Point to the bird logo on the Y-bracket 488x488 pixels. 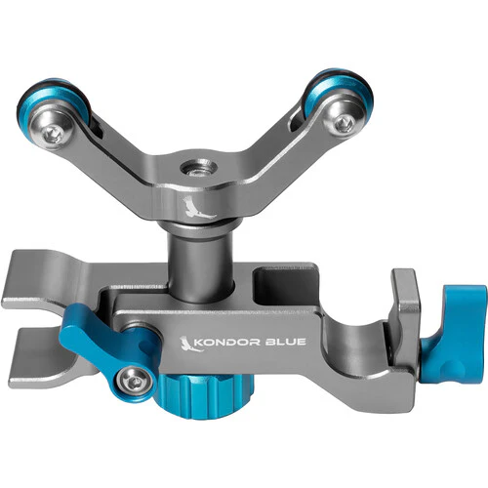click(x=197, y=208)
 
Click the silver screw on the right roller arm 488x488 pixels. click(x=343, y=123)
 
